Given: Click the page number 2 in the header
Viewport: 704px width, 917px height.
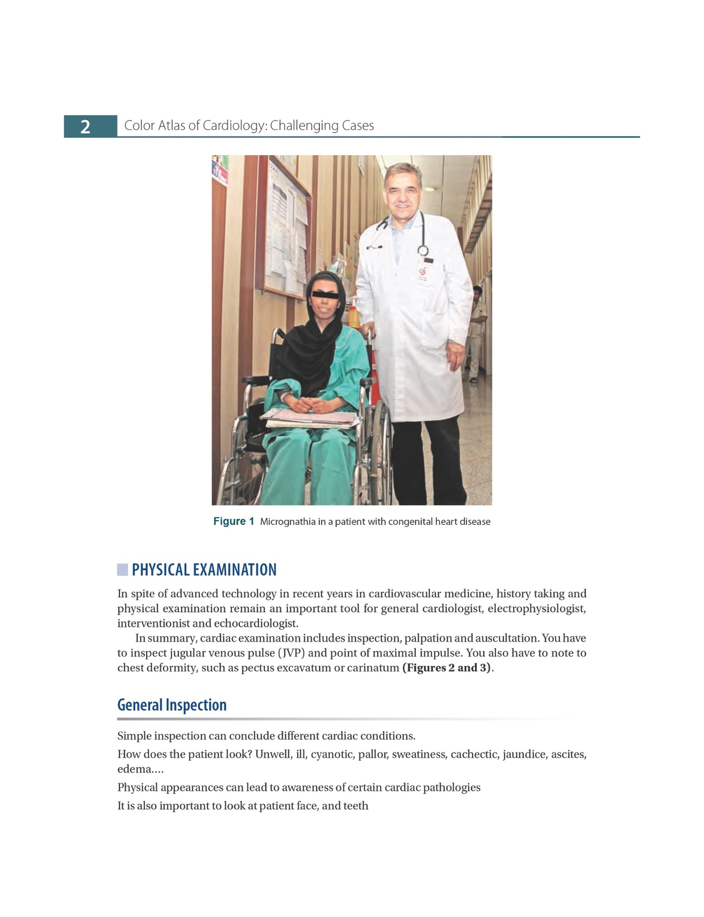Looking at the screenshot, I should point(85,127).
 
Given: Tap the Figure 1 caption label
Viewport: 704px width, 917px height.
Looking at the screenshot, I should point(233,521).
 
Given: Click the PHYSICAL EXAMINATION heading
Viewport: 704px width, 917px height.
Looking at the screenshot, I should point(204,570).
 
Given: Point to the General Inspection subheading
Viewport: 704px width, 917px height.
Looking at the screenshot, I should point(172,705).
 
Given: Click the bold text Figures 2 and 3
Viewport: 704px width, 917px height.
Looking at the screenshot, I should point(446,668).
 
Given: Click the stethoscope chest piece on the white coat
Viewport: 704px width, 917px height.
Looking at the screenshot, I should point(423,250).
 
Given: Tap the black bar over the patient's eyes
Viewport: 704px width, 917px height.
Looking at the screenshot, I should point(325,294).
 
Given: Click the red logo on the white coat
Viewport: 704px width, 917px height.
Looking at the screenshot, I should point(422,271).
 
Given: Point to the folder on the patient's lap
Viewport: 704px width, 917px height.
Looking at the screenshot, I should point(311,419).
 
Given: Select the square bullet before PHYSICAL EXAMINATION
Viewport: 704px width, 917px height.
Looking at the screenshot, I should point(122,570).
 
